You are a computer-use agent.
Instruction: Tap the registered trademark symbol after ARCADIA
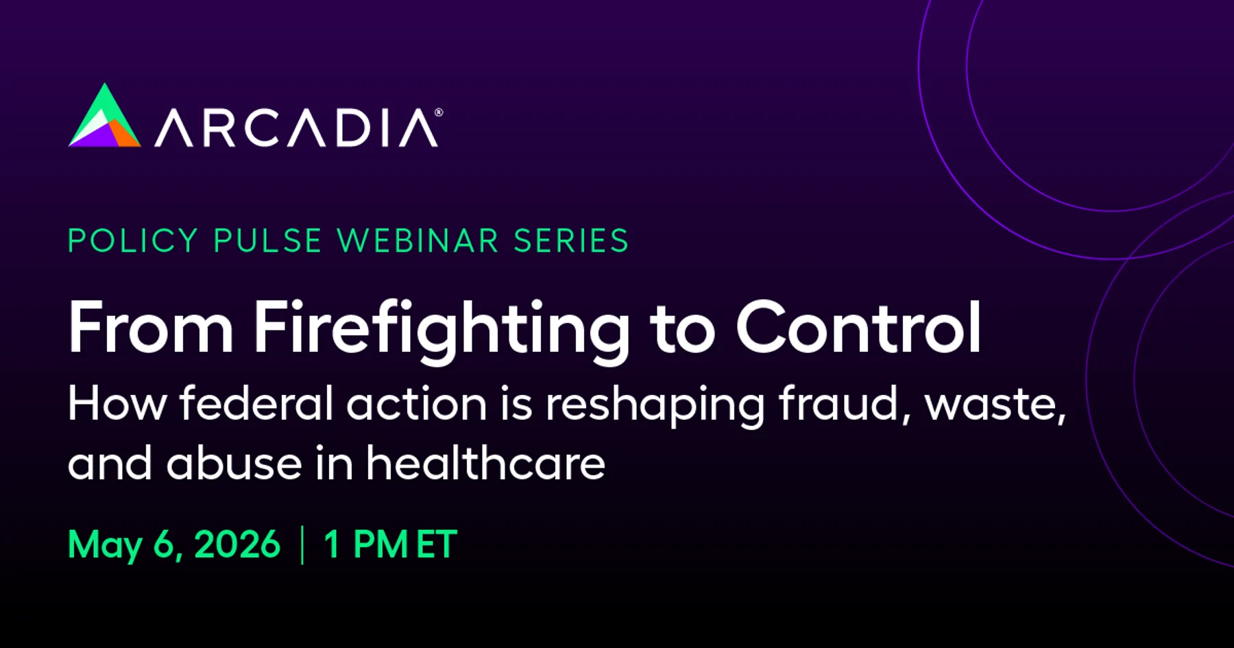[x=439, y=112]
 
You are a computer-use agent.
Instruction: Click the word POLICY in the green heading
[x=133, y=241]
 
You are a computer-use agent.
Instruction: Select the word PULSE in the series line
[x=267, y=241]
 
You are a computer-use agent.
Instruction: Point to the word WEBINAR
[x=418, y=241]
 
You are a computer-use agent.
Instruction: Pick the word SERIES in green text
[x=571, y=241]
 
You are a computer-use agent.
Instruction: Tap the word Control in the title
[x=858, y=327]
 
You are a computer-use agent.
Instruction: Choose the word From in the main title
[x=151, y=327]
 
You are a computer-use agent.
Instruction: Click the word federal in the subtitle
[x=256, y=403]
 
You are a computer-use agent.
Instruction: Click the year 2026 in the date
[x=237, y=544]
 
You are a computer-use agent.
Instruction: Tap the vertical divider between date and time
[x=302, y=545]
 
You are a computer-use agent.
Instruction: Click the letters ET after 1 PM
[x=437, y=544]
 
